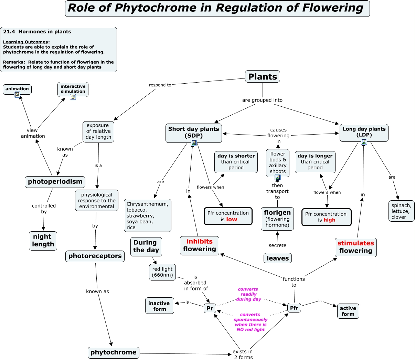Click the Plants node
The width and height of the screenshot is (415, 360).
tap(263, 77)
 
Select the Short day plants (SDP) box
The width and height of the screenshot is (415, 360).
tap(193, 132)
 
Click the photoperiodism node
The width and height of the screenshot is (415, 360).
tap(55, 182)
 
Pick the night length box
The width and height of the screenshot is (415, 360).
tap(43, 241)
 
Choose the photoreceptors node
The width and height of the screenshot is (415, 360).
tap(95, 256)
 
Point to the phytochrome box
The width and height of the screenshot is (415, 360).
tap(114, 352)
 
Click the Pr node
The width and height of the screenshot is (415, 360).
tap(210, 308)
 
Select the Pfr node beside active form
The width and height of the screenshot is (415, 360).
tap(294, 308)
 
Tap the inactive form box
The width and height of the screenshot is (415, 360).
tap(159, 306)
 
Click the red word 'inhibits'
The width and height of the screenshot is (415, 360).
tap(200, 242)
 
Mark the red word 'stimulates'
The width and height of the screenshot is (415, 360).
tap(355, 243)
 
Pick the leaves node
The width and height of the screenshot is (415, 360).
tap(278, 258)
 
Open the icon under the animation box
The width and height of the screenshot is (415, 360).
tap(17, 95)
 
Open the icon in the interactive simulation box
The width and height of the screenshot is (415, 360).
tap(73, 97)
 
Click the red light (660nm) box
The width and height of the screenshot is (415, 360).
tap(162, 272)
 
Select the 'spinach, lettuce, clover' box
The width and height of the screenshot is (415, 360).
tap(401, 211)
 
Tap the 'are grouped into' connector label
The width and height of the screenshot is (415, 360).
tap(262, 100)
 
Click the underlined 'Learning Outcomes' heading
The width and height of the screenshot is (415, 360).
tap(25, 42)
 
